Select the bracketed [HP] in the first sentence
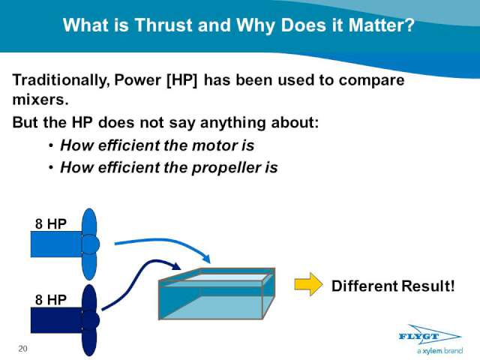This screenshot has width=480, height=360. pos(181,81)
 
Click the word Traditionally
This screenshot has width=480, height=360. pos(61,81)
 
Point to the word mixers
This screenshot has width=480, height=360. pos(40,100)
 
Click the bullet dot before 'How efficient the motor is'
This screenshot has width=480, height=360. pos(51,145)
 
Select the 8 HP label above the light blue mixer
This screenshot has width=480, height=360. pos(50,223)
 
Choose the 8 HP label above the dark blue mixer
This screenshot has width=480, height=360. pos(50,300)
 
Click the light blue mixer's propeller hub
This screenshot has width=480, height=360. pos(91,244)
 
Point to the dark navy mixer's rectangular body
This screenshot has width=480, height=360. pos(57,320)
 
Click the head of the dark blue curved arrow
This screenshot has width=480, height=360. pos(177,266)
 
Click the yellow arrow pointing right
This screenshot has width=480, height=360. pos(308,284)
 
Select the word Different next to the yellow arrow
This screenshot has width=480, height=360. pos(364,286)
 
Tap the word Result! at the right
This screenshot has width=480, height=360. pos(428,286)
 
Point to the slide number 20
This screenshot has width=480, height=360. pos(22,349)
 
